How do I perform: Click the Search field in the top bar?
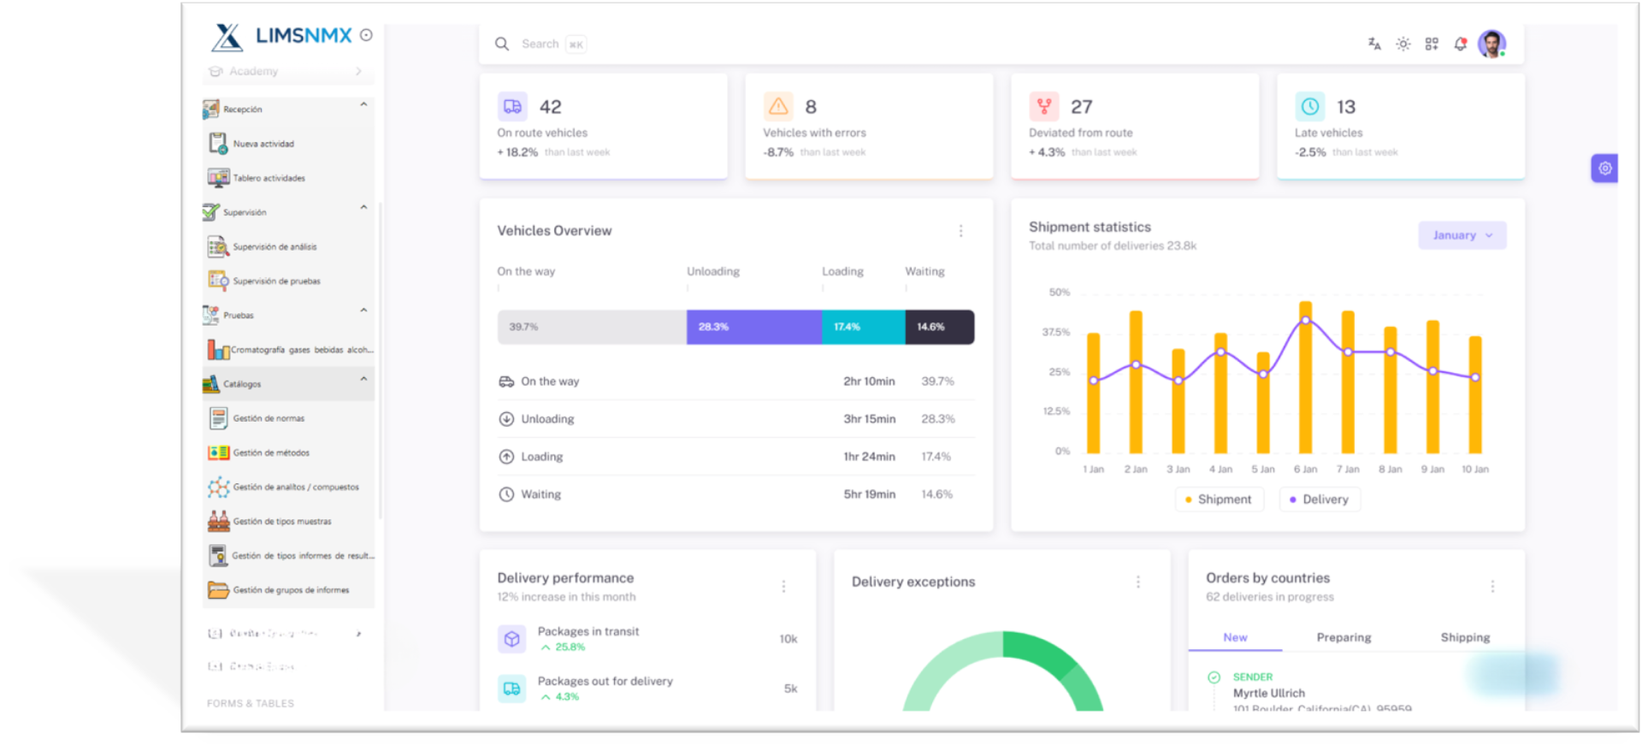point(540,44)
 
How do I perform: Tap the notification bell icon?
point(1461,44)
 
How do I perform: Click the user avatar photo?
point(1491,44)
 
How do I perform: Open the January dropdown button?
point(1462,235)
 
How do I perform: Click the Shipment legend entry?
point(1219,500)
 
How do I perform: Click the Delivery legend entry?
point(1320,500)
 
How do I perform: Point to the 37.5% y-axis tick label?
point(1056,332)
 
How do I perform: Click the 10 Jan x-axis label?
point(1474,470)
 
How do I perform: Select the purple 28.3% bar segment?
point(753,327)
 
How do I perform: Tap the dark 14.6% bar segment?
point(939,327)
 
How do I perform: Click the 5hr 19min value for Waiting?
point(869,494)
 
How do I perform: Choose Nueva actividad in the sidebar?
point(263,144)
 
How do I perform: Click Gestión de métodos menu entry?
point(271,452)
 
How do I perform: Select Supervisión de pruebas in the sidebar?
point(276,281)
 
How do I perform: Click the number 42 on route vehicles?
point(550,107)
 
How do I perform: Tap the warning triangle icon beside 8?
point(777,106)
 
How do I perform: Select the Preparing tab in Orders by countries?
point(1344,637)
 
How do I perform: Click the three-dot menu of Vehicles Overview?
point(960,231)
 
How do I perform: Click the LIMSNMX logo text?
point(304,36)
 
